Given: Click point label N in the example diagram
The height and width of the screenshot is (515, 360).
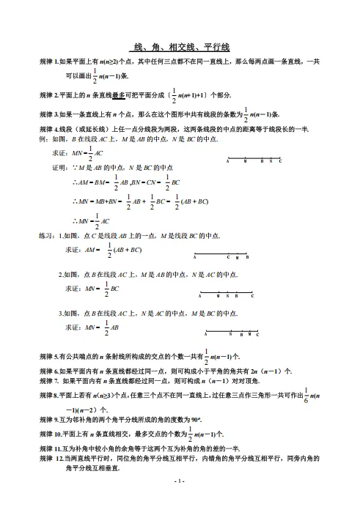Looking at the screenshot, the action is coord(271,160).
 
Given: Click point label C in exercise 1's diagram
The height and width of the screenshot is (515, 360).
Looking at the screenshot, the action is coord(228,257).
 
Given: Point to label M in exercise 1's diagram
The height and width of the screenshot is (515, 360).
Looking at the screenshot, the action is coord(238,257).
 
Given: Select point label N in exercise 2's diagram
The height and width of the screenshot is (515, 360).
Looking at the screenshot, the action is coord(227,296).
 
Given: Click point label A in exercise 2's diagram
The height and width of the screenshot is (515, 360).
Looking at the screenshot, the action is coord(200,296).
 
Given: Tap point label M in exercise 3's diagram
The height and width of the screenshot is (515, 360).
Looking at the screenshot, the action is coord(250,334).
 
